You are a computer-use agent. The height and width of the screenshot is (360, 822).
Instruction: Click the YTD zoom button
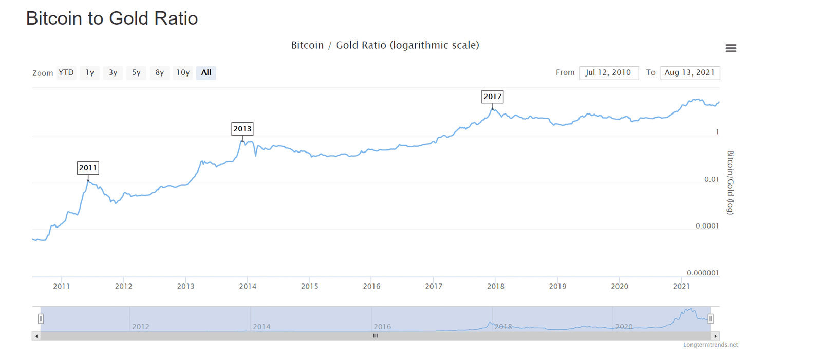coord(66,72)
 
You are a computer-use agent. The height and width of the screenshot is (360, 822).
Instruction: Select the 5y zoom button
coord(136,72)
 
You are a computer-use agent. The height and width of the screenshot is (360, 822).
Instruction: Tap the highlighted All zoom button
coord(206,72)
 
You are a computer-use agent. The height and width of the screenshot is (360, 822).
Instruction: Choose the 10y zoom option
coord(183,72)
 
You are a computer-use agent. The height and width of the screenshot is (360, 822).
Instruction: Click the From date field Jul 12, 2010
coord(608,72)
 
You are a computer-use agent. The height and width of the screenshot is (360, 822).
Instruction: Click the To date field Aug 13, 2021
coord(689,72)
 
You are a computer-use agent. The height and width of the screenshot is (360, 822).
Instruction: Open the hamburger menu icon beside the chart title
coord(731,48)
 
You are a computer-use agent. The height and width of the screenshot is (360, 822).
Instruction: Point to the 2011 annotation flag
coord(88,168)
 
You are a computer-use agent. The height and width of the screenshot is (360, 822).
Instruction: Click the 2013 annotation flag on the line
coord(242,129)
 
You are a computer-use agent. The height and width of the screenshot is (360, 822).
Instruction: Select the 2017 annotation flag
coord(493,97)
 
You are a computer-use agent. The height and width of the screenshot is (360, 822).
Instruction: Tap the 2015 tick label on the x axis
coord(310,286)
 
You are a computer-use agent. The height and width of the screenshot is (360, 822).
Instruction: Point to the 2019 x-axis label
coord(557,286)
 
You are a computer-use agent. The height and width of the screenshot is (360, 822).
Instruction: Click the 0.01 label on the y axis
coord(711,179)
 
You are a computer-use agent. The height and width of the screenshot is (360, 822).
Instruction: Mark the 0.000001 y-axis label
coord(702,273)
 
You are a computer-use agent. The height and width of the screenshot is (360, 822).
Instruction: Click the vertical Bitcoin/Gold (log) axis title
coord(730,182)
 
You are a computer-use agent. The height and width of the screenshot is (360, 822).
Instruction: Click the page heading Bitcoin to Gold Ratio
coord(112,18)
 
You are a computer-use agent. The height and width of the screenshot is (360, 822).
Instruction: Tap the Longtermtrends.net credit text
coord(710,345)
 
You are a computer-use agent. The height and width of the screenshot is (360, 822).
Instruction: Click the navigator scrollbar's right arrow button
coord(715,336)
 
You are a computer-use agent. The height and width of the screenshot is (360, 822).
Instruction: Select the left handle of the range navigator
coord(41,318)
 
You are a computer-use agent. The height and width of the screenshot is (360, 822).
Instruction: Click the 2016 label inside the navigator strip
coord(382,327)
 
